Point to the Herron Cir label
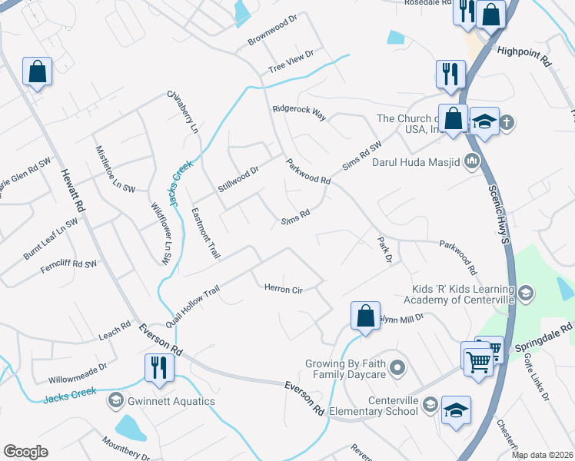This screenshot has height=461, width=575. [x=284, y=290]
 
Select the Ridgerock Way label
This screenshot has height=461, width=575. [x=299, y=113]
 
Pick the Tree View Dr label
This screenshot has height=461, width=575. [x=291, y=61]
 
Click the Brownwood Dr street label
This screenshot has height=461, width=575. [x=272, y=30]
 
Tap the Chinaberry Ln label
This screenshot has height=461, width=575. [x=183, y=113]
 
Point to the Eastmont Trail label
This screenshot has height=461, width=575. [x=205, y=234]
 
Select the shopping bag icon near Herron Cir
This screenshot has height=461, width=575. [x=365, y=315]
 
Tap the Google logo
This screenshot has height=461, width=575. [x=26, y=452]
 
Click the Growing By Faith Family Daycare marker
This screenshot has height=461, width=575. [x=397, y=367]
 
